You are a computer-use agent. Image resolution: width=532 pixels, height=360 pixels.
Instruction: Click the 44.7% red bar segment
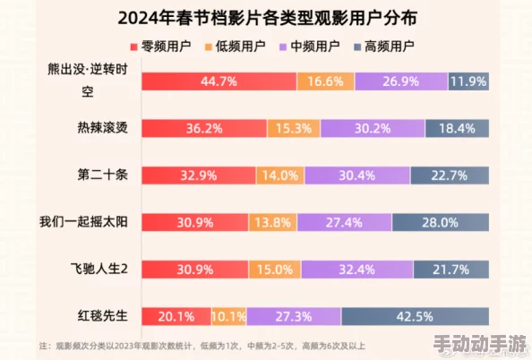pyautogui.click(x=219, y=81)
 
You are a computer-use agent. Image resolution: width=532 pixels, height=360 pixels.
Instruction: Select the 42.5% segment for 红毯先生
pyautogui.click(x=415, y=315)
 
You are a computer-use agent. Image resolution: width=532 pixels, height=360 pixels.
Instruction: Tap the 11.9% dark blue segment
pyautogui.click(x=468, y=81)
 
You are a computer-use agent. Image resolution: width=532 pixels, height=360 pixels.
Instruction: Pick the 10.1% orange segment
pyautogui.click(x=228, y=315)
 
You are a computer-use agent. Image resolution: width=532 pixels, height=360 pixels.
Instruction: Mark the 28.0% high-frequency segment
pyautogui.click(x=439, y=221)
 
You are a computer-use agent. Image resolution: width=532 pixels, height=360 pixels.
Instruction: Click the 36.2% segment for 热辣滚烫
pyautogui.click(x=203, y=128)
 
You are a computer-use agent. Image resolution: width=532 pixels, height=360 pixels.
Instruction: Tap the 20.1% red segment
pyautogui.click(x=176, y=315)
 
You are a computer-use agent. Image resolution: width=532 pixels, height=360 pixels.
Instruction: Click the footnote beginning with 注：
pyautogui.click(x=202, y=346)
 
